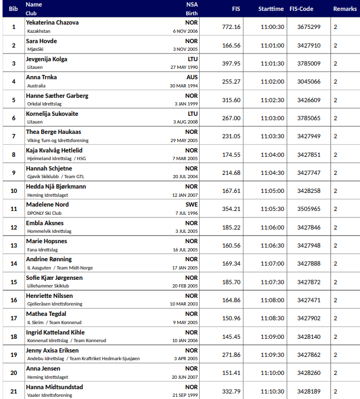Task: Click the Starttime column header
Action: [271, 9]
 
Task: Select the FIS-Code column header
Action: [309, 9]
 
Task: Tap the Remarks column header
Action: [345, 9]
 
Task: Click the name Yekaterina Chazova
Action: [53, 22]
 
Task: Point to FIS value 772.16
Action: [231, 27]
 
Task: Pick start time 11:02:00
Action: [272, 81]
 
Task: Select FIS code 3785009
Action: [309, 63]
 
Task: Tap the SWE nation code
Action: [191, 204]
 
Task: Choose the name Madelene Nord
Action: [47, 204]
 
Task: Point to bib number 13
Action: [14, 245]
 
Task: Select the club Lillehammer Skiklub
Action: [48, 286]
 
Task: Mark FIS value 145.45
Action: [231, 336]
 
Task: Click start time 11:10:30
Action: [272, 391]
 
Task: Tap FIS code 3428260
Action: [309, 373]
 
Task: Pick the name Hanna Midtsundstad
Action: [55, 386]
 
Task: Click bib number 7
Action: [14, 136]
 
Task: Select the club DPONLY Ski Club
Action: [44, 213]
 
